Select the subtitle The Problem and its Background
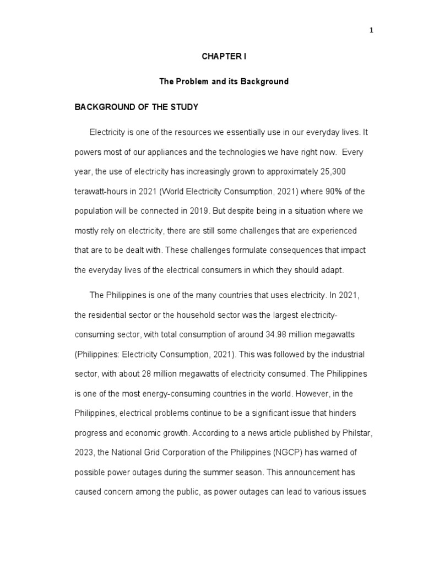click(224, 82)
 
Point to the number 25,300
click(332, 171)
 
